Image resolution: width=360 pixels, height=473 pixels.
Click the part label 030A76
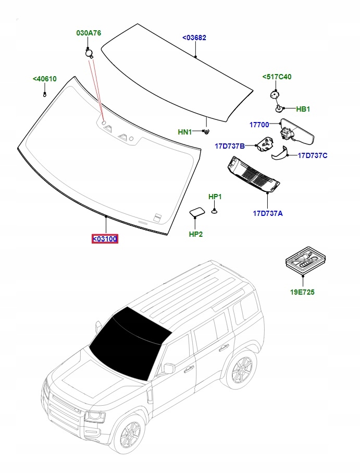(x=89, y=33)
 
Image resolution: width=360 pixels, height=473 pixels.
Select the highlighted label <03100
(x=105, y=239)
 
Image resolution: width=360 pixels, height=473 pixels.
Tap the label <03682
(x=194, y=38)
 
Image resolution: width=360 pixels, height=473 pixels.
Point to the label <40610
(x=44, y=79)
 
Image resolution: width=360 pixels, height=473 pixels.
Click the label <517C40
(x=277, y=77)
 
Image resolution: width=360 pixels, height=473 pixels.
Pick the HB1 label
(x=303, y=109)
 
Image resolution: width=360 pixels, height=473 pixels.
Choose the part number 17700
(x=259, y=125)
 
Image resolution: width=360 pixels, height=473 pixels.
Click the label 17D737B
(x=230, y=146)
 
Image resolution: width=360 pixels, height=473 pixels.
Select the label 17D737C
(x=313, y=155)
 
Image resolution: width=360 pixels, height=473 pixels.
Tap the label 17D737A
(x=268, y=213)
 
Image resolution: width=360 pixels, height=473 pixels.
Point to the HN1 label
(x=185, y=132)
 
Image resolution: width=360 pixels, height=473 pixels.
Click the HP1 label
(x=215, y=197)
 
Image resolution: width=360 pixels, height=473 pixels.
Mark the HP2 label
(x=195, y=234)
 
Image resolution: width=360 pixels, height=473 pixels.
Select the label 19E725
(x=302, y=293)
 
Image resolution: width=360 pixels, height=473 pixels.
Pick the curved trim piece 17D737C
(x=280, y=153)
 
